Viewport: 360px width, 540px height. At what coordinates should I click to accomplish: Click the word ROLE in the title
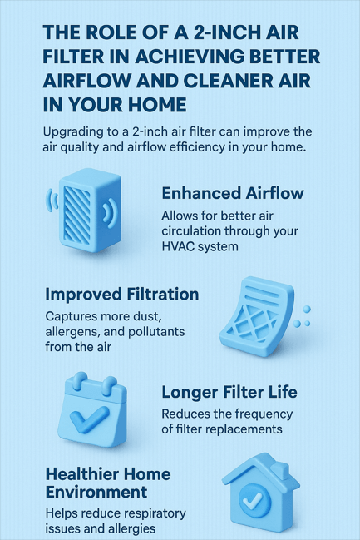(x=106, y=32)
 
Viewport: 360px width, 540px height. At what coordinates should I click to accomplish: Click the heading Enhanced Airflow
(x=233, y=193)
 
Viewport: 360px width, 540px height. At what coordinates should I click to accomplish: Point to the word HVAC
(x=177, y=246)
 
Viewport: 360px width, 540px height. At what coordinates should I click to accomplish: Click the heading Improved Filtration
(x=122, y=295)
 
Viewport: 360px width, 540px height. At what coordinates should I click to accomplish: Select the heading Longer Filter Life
(x=229, y=392)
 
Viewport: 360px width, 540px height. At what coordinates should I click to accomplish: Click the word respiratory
(x=155, y=514)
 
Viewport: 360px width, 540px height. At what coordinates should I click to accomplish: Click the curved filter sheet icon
(x=257, y=316)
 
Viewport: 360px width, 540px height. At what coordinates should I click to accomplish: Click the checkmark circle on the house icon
(x=254, y=500)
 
